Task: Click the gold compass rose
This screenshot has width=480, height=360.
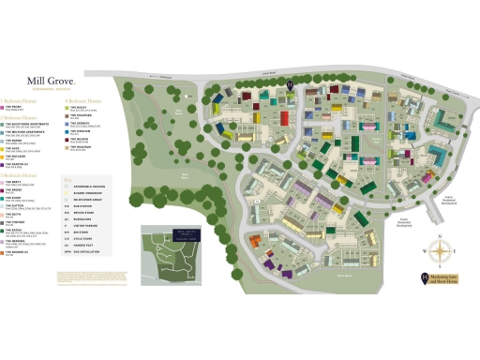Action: click(439, 249)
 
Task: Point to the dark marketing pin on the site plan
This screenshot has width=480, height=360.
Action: click(291, 86)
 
